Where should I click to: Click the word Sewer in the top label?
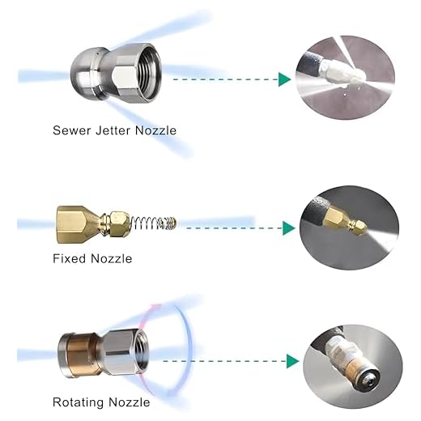(71, 130)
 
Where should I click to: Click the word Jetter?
(113, 130)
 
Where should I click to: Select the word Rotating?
(78, 402)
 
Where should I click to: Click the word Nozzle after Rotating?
(130, 402)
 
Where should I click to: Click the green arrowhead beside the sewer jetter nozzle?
(284, 79)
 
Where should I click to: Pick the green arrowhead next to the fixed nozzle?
(288, 228)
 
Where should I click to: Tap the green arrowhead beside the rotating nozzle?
(293, 361)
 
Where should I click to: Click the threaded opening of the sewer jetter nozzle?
(147, 72)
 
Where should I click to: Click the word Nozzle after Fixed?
(112, 258)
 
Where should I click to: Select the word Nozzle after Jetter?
(155, 130)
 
